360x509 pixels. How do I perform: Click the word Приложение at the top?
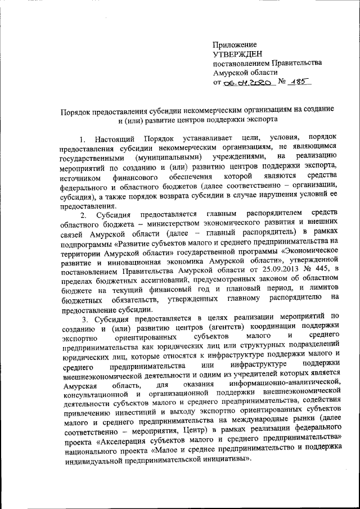(235, 44)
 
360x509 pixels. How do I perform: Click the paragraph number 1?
(82, 138)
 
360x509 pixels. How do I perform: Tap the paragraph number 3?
(83, 318)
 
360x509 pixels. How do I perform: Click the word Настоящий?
(115, 138)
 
